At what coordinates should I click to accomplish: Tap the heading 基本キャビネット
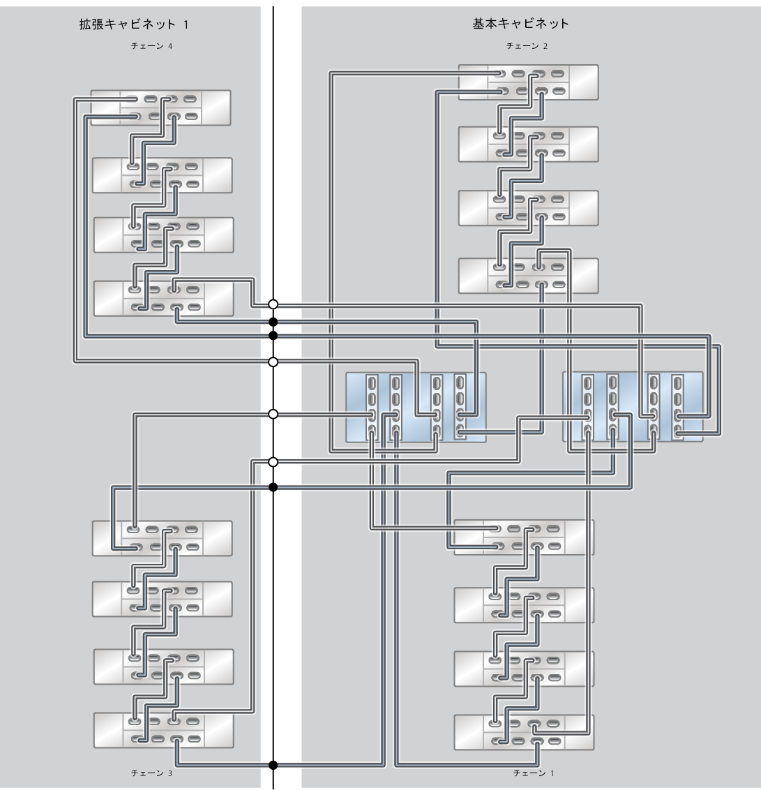pos(521,24)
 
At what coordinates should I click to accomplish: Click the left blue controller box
pos(416,408)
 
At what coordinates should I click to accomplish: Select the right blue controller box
pos(632,408)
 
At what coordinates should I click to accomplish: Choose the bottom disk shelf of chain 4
pos(163,298)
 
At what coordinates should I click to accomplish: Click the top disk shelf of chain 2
pos(528,82)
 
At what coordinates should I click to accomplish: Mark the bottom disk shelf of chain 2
pos(528,276)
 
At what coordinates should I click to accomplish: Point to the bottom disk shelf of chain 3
pos(163,730)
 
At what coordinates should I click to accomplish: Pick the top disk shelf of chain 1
pos(524,537)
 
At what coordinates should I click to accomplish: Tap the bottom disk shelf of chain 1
pos(524,732)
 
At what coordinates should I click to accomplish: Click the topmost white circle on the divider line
pos(273,304)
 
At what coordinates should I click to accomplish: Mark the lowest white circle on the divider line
pos(273,462)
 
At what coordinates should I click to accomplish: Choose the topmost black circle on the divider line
pos(273,322)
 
